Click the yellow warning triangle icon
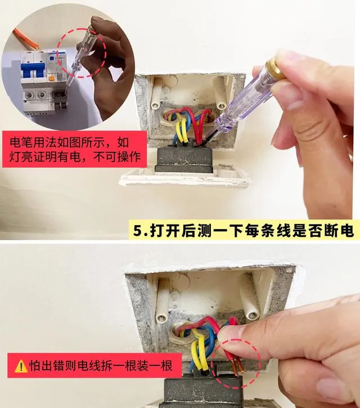[x=21, y=366]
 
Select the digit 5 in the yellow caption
[x=138, y=230]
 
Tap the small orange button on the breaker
[x=51, y=78]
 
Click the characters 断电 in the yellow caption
[x=338, y=230]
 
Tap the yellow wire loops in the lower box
[x=200, y=351]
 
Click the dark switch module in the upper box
[x=184, y=158]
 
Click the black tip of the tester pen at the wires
[x=208, y=139]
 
